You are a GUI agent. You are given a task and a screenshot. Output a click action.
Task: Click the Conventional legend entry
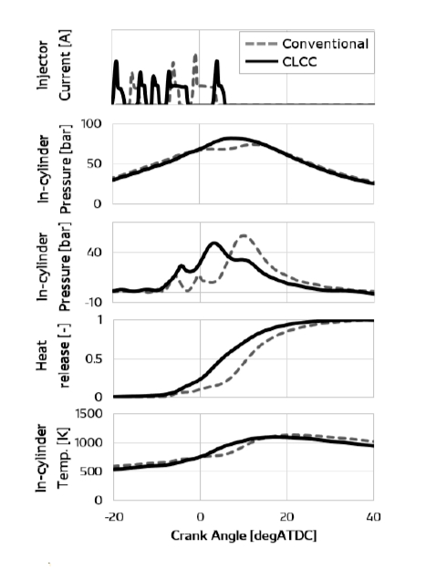coord(307,44)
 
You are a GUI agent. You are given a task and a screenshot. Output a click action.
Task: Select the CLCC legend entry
coord(281,62)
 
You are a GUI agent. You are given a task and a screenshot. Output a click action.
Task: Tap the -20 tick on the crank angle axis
coord(114,516)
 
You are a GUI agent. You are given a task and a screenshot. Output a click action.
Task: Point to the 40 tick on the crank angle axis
coord(374,516)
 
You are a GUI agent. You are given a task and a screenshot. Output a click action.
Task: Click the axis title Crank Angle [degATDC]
coord(244,535)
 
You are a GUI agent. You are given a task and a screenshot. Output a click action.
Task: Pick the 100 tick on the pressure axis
coord(91,124)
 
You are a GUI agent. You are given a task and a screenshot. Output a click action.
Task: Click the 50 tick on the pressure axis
coord(94,163)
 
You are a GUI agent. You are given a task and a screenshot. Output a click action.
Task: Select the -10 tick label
coord(93,302)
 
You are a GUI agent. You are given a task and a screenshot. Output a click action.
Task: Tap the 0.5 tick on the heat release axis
coord(94,359)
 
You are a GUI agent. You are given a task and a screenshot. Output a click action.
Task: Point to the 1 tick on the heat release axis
coord(99,320)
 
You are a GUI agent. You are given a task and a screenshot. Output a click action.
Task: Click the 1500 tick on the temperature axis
coord(88,413)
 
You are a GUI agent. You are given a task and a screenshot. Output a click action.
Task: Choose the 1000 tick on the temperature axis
coord(88,443)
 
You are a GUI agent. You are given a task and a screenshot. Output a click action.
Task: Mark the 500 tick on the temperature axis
coord(92,471)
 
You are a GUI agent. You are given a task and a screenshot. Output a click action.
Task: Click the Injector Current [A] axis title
coord(54,66)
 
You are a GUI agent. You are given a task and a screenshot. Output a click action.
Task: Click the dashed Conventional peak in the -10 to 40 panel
coord(244,235)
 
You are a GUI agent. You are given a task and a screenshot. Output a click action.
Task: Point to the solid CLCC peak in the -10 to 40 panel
coord(214,243)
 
